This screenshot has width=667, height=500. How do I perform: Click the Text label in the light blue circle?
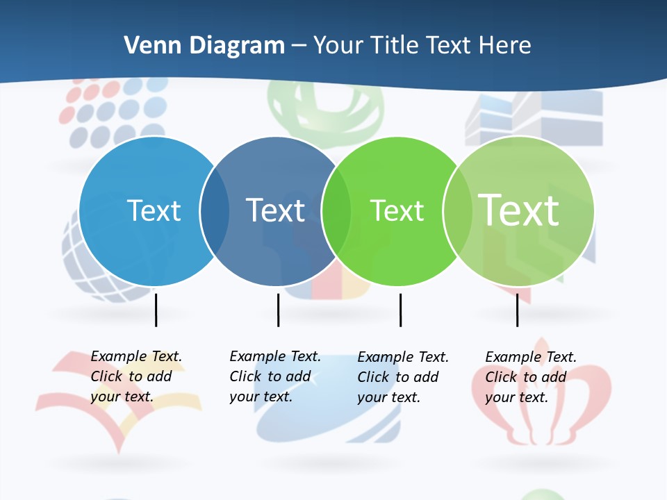click(x=154, y=210)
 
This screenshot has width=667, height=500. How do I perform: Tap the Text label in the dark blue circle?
click(x=275, y=210)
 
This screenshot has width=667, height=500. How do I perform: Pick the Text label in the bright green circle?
click(x=397, y=210)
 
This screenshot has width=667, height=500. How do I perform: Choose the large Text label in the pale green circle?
click(x=519, y=210)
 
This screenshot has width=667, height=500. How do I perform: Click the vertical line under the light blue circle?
click(x=156, y=310)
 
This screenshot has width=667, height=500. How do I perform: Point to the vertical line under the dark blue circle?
click(x=278, y=310)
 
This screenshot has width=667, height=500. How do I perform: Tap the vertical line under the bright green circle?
click(x=400, y=310)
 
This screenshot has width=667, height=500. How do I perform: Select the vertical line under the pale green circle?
click(x=517, y=310)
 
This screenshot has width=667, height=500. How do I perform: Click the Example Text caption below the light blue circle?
click(x=135, y=376)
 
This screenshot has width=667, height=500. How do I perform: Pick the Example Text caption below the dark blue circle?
click(x=274, y=376)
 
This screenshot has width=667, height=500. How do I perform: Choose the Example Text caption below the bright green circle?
click(x=402, y=377)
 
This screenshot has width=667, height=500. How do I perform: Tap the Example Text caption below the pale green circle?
click(x=530, y=377)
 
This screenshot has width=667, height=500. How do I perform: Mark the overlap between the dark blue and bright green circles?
click(x=336, y=211)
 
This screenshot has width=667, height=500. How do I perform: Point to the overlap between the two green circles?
click(x=458, y=211)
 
